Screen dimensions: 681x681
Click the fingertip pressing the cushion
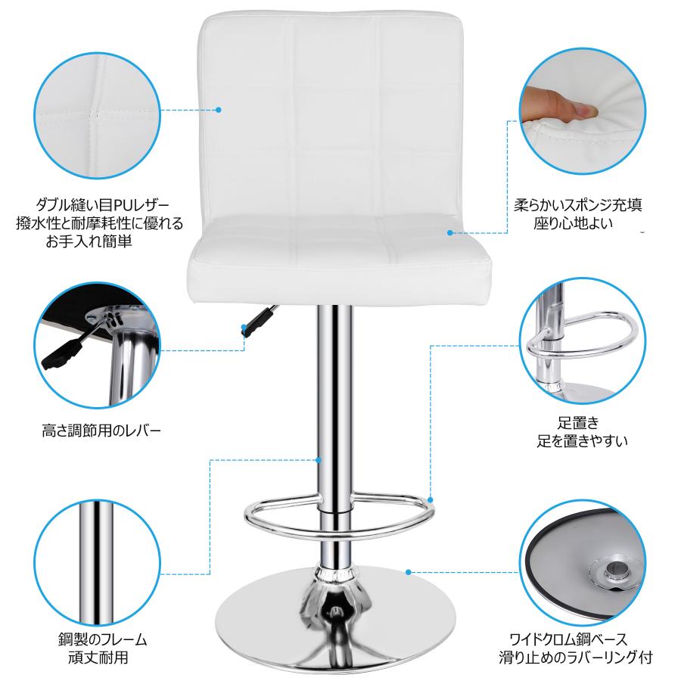click(589, 111)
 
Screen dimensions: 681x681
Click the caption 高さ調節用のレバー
click(101, 431)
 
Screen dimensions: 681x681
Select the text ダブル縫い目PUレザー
click(102, 204)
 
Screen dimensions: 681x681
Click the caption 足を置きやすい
click(583, 441)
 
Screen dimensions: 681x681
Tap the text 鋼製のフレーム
click(102, 639)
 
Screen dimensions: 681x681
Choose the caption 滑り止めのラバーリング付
click(576, 657)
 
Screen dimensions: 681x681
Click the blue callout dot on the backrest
click(219, 110)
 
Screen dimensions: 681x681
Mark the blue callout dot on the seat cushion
click(450, 233)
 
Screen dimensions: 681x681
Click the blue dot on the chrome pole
click(319, 460)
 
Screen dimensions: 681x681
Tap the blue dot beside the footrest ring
click(431, 500)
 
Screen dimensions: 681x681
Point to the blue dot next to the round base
click(409, 573)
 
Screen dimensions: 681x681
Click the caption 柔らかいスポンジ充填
click(577, 204)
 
